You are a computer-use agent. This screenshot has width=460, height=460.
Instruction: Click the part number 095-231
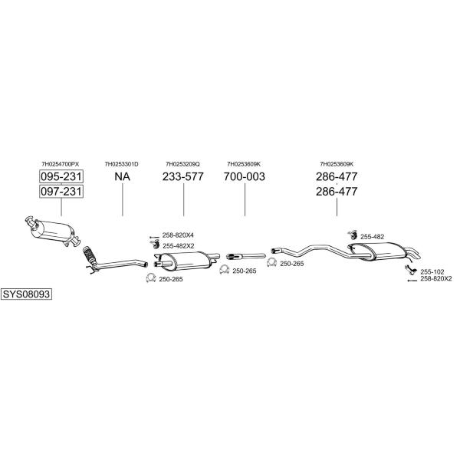(61, 176)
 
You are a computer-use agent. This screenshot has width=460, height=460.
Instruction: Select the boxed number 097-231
(61, 191)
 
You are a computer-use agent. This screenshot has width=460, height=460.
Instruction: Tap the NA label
(123, 176)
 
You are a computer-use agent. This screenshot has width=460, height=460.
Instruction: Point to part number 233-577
(183, 176)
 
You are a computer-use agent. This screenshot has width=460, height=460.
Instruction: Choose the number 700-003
(245, 176)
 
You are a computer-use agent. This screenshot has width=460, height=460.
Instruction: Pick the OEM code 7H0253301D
(121, 164)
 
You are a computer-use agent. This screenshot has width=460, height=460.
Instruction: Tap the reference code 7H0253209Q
(182, 164)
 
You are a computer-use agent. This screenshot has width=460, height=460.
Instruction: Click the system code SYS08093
(26, 294)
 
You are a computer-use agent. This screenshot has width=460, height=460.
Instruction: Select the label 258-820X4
(178, 235)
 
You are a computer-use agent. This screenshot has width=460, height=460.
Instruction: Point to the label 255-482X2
(179, 246)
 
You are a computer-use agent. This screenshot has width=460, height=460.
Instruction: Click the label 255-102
(432, 272)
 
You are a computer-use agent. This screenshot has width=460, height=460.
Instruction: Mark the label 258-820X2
(436, 279)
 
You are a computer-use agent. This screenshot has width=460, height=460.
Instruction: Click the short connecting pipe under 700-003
(246, 256)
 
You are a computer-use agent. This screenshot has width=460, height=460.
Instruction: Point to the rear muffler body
(384, 251)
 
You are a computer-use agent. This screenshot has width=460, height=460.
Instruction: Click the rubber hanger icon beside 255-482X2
(155, 244)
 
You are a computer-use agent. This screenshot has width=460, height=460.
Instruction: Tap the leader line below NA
(123, 199)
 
